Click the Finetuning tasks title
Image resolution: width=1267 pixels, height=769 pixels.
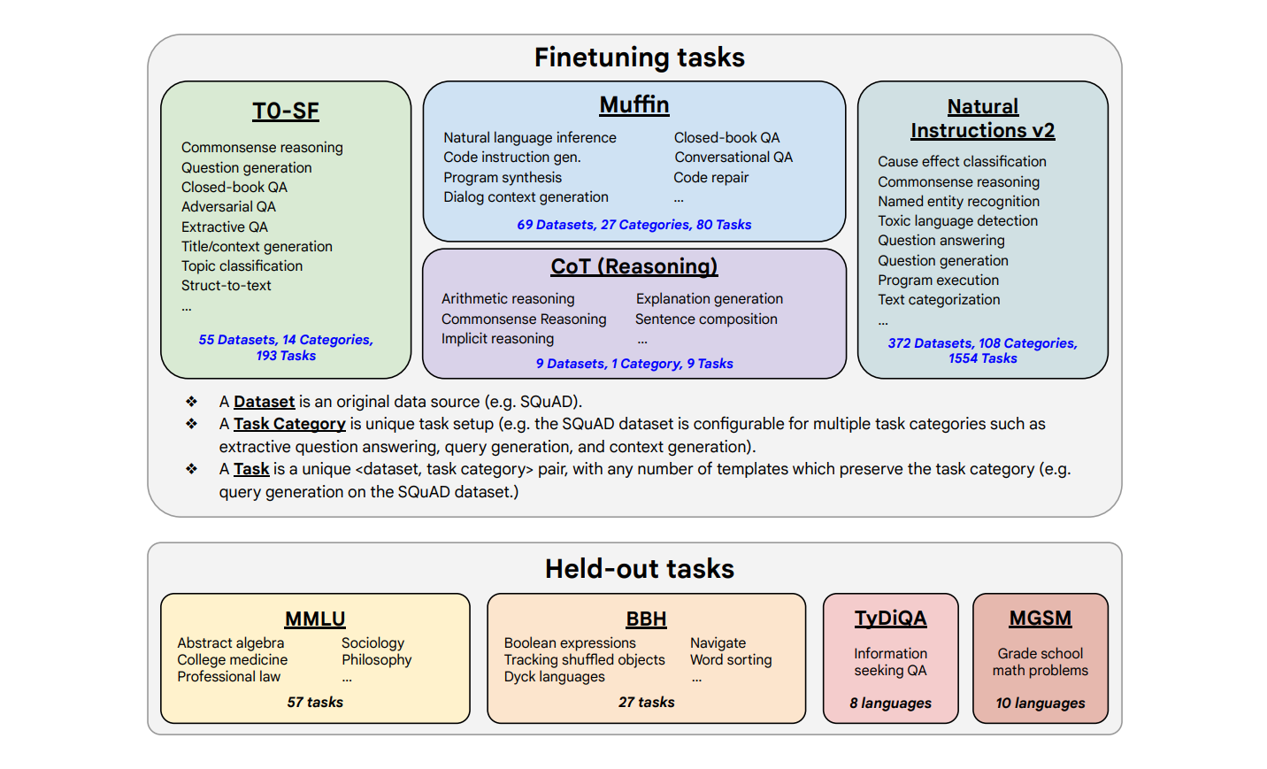point(639,58)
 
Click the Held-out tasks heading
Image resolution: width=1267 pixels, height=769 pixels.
point(639,569)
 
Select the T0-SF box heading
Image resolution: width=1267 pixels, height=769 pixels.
point(285,112)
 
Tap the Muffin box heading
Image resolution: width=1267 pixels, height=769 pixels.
point(633,105)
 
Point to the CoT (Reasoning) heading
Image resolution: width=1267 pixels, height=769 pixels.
point(633,266)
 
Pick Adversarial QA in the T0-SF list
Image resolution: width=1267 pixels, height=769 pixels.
point(228,207)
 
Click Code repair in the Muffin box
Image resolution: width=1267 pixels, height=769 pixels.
point(710,178)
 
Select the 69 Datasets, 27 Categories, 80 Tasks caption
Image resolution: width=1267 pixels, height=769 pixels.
point(633,225)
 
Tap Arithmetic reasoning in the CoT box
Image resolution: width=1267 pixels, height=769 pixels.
point(508,299)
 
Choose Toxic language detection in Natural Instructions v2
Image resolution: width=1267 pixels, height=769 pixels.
point(957,221)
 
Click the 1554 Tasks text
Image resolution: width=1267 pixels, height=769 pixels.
point(982,358)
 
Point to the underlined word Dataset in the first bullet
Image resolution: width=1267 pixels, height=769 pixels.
point(264,402)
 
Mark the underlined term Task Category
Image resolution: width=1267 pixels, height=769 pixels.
point(289,424)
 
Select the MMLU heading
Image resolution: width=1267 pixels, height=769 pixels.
point(315,619)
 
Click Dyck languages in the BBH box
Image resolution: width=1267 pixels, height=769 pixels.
point(554,677)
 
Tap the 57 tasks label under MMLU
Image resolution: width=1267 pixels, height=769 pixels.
point(315,703)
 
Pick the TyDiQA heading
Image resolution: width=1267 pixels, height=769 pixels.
point(890,619)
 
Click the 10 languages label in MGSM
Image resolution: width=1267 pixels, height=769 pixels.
point(1040,704)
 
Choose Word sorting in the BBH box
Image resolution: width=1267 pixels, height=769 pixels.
point(731,660)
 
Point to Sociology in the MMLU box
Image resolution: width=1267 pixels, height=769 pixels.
point(372,643)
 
